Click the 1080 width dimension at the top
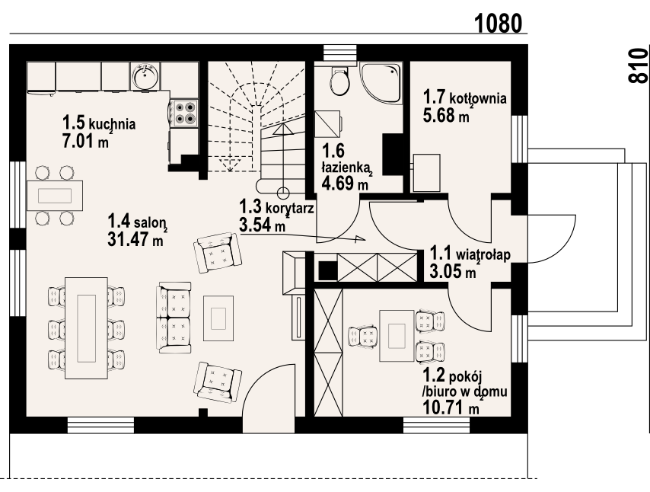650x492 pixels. tap(498, 23)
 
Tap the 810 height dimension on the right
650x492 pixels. tap(638, 65)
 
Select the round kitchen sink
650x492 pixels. tap(145, 76)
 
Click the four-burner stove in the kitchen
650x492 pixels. tap(185, 113)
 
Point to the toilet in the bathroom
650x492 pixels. tap(340, 80)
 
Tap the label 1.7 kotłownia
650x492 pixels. tap(465, 98)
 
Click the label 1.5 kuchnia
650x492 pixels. tap(99, 123)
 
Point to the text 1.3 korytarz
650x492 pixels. tap(276, 206)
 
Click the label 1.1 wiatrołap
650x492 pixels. tap(470, 253)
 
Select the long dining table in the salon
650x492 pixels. tap(86, 327)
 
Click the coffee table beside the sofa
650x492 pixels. tap(218, 318)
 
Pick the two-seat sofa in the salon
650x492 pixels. tap(174, 318)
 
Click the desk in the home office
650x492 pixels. tap(397, 336)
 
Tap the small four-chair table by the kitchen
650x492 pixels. tap(55, 196)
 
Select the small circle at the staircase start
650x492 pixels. tap(283, 193)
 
